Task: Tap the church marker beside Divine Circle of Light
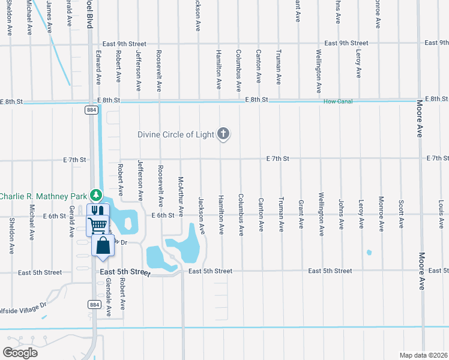click(x=223, y=134)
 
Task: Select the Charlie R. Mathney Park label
click(x=43, y=196)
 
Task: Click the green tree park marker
click(x=95, y=196)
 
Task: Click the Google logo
click(x=20, y=352)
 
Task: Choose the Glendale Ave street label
click(x=109, y=296)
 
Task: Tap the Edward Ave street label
click(x=98, y=67)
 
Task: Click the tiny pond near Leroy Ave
click(x=369, y=252)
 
